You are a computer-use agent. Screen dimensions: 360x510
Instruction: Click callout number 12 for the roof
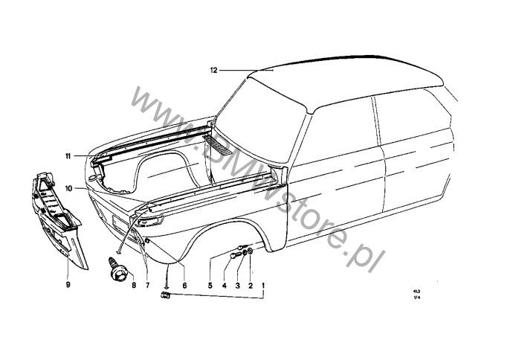coord(213,71)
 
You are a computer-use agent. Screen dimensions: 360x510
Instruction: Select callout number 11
coord(67,156)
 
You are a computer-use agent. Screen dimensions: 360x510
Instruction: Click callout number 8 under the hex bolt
coord(133,285)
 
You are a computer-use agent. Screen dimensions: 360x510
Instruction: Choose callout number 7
coord(147,285)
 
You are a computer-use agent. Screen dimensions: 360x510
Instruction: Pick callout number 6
coord(184,285)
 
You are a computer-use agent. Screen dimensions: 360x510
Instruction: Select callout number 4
coord(225,285)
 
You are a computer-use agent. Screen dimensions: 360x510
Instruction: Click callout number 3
coord(238,285)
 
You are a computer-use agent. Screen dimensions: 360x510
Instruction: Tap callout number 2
coord(251,285)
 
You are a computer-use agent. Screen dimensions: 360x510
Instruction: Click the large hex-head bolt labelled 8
coord(117,269)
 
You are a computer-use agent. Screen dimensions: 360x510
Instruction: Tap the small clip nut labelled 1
coord(166,296)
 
